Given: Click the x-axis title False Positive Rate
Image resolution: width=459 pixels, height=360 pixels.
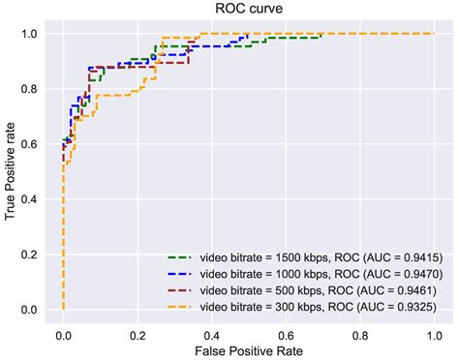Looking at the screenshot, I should coord(248,348).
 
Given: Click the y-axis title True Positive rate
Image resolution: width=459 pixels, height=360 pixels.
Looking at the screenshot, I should coord(11,172).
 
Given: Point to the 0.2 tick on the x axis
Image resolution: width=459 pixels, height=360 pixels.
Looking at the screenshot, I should coord(138,330).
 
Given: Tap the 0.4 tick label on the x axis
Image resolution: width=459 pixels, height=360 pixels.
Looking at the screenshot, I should coord(211,330).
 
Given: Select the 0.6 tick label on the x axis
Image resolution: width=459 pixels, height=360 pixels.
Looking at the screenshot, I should coord(286,330).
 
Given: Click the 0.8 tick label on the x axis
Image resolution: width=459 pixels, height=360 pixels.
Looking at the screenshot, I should coord(359,330).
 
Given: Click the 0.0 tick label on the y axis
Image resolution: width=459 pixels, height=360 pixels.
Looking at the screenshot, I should coord(34,311).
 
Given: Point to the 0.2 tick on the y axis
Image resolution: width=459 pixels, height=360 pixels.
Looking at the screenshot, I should coord(34,255).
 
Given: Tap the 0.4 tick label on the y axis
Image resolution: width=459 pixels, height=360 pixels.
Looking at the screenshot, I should coord(34,200).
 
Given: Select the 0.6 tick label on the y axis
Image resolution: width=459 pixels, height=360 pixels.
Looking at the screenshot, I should coord(34,145).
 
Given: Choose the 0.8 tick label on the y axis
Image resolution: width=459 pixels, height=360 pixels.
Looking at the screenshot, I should coord(34,90).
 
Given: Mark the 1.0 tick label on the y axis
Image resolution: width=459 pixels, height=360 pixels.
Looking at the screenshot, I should coord(34,35).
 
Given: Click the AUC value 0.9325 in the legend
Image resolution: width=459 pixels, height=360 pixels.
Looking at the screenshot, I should coord(411,306).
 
